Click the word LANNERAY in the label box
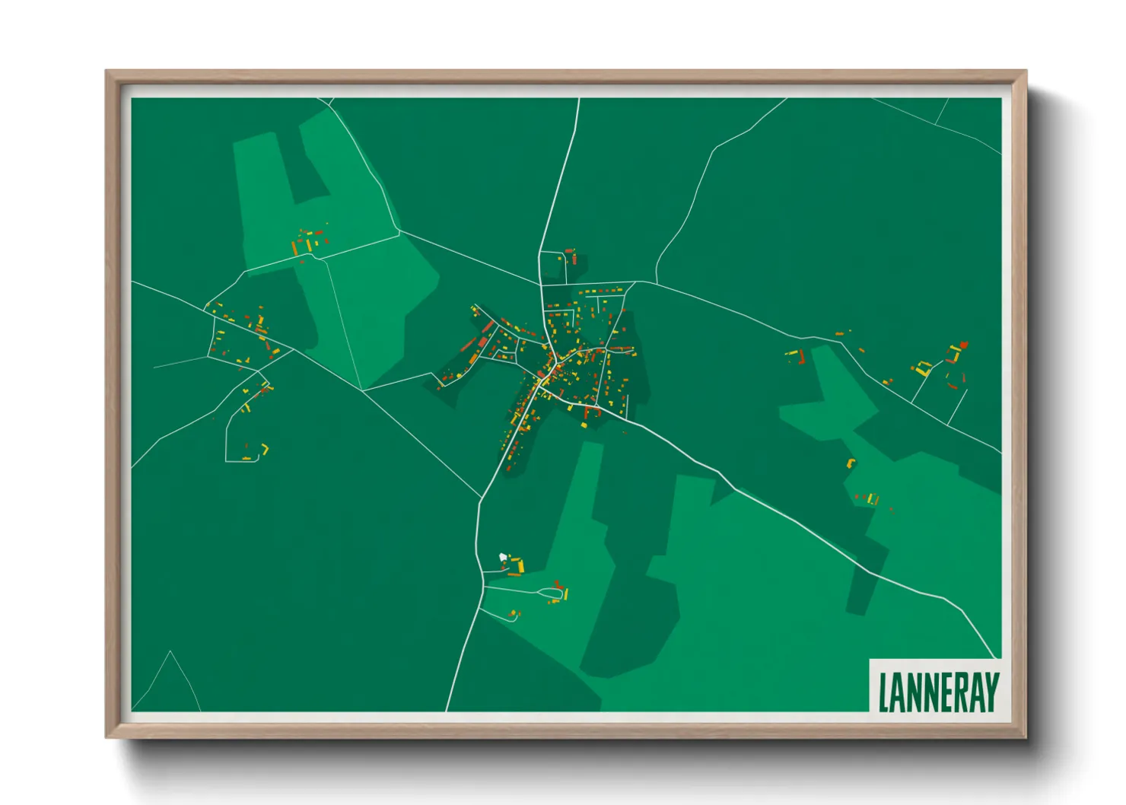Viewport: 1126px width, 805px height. pyautogui.click(x=937, y=692)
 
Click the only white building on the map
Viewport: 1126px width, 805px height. pyautogui.click(x=503, y=558)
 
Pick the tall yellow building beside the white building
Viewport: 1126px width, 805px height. pyautogui.click(x=521, y=565)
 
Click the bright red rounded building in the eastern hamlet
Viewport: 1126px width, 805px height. pyautogui.click(x=964, y=345)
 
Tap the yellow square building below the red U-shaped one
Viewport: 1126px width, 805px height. pyautogui.click(x=584, y=425)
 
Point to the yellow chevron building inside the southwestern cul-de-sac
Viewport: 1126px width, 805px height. pyautogui.click(x=265, y=448)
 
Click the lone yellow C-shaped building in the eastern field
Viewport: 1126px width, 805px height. pyautogui.click(x=851, y=462)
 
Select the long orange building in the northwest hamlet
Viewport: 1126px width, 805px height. pyautogui.click(x=294, y=247)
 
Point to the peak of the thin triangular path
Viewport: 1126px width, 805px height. pyautogui.click(x=170, y=651)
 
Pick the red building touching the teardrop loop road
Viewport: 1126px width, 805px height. pyautogui.click(x=558, y=584)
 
